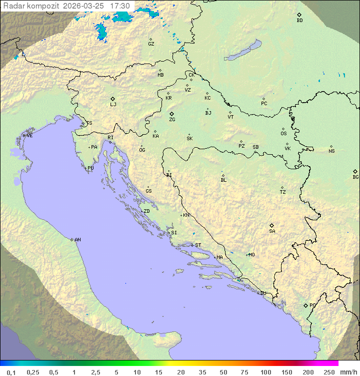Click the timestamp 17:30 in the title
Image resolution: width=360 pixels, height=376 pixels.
coord(120,6)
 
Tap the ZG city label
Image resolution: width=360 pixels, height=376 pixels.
coord(172,120)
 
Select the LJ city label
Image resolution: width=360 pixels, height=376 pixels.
coord(113,105)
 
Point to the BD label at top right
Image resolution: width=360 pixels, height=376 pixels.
coord(299,21)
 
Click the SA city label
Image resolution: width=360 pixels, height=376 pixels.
coord(272,231)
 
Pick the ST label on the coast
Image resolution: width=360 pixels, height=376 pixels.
coord(198,245)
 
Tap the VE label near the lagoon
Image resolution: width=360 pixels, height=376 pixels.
coord(29,136)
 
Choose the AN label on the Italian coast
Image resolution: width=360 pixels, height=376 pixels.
coord(77,240)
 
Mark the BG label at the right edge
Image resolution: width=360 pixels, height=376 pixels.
coord(355,177)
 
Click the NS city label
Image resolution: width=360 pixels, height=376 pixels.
coord(331,151)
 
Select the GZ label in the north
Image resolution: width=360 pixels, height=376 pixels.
coord(151,44)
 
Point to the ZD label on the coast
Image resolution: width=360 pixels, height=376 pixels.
coord(146,211)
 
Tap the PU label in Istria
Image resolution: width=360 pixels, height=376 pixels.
coord(90,168)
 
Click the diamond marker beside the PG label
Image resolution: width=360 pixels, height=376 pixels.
coord(305,305)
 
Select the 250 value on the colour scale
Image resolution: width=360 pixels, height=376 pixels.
coord(329,372)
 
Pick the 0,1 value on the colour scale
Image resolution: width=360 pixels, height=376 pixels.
coord(11,372)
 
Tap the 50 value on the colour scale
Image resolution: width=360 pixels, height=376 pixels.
coord(223,372)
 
